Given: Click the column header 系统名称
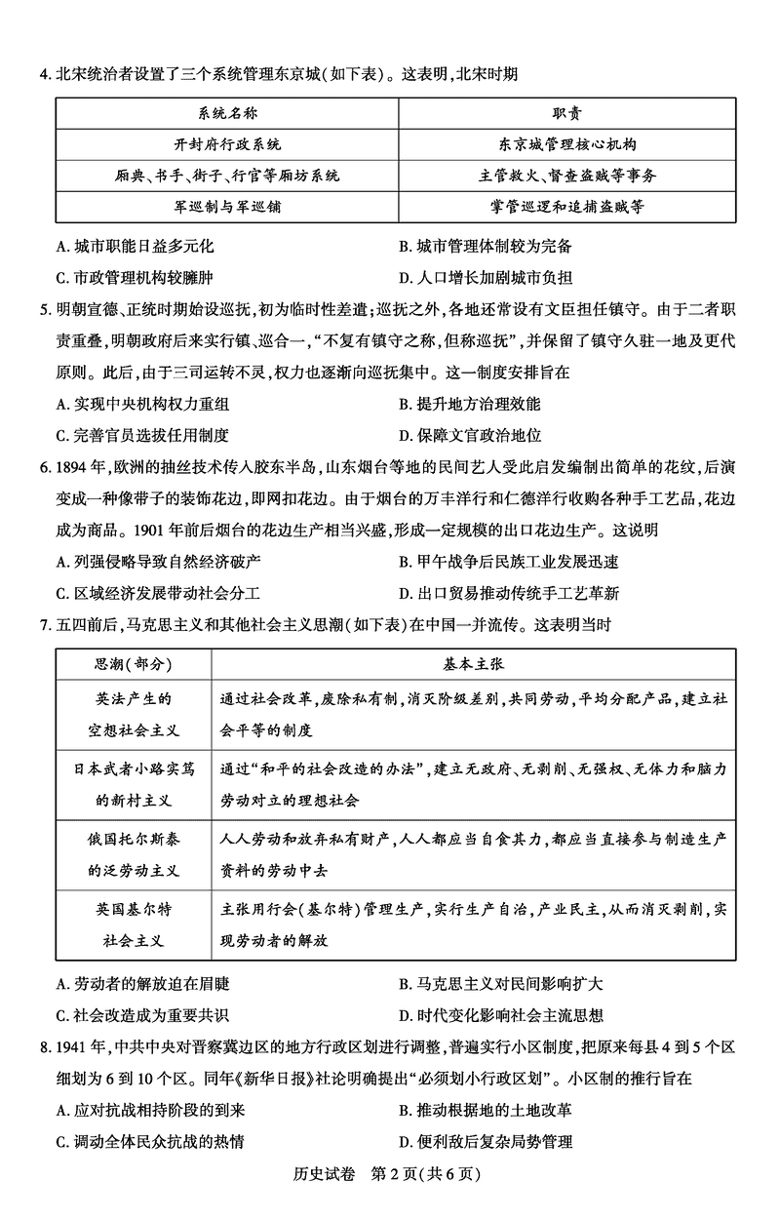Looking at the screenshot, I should coord(227,113).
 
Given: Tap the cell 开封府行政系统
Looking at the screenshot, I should coord(227,144).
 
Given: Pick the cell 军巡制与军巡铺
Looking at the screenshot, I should coord(227,207).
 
